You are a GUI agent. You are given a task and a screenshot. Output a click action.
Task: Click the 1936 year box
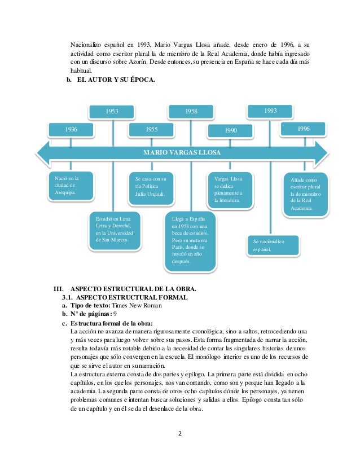click(71, 130)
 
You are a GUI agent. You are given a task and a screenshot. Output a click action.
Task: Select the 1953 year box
click(112, 111)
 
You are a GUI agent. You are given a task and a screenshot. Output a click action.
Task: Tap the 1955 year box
click(152, 130)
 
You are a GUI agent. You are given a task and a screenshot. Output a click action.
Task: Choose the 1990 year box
click(231, 130)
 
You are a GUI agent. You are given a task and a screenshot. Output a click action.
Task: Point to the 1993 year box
click(270, 111)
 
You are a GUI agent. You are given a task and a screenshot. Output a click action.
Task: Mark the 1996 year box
click(304, 129)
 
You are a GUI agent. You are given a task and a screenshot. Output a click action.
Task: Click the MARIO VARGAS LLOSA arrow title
click(182, 152)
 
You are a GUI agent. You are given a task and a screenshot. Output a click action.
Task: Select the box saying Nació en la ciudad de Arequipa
click(71, 186)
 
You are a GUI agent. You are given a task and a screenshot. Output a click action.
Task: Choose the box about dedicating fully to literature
click(230, 188)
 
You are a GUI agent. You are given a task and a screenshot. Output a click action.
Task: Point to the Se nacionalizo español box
click(273, 245)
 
